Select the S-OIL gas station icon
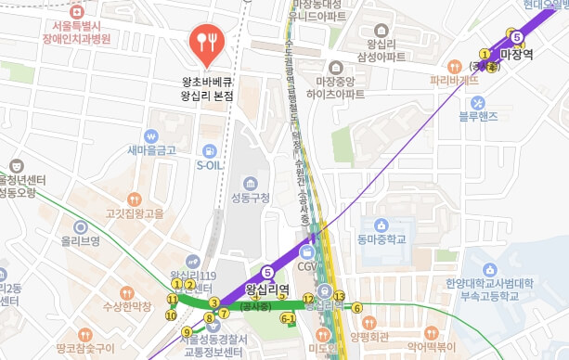tap(210, 151)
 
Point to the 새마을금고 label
tap(151, 149)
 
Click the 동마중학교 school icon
tap(381, 225)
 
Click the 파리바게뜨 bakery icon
tap(454, 66)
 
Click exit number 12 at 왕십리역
tap(307, 298)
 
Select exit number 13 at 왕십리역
tap(340, 296)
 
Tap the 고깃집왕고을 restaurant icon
tap(135, 199)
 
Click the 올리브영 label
tap(80, 240)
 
